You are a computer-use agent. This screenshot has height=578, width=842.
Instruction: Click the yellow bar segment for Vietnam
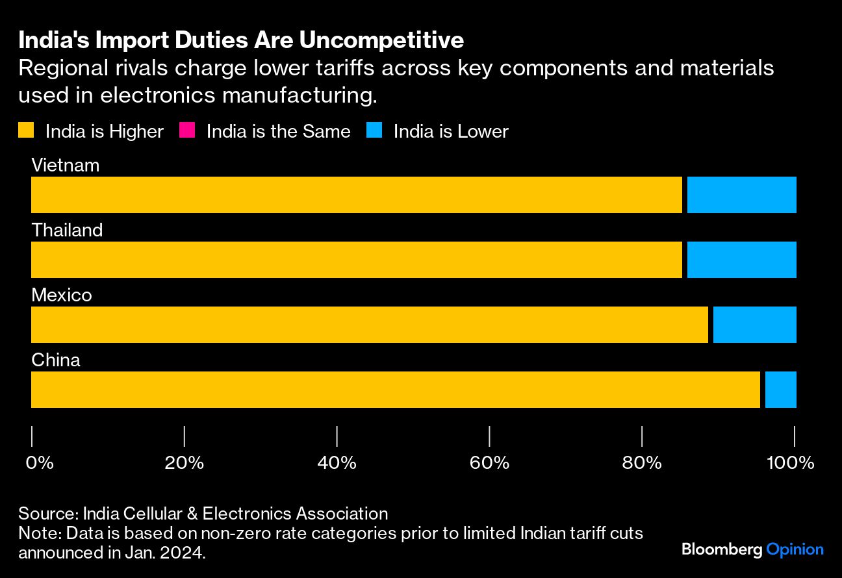pos(357,195)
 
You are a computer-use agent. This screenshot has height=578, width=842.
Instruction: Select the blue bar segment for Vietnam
pos(741,195)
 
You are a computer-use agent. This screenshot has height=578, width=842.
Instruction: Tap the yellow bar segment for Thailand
pos(357,260)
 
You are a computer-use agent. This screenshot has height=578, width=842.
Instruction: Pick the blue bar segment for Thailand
pos(741,260)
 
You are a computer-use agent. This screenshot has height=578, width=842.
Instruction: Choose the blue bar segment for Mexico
pos(754,325)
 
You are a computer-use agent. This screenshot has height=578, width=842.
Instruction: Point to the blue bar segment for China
pos(780,390)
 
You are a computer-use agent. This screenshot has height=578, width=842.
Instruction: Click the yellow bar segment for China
pos(395,390)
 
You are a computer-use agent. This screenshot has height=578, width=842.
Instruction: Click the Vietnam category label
pos(66,165)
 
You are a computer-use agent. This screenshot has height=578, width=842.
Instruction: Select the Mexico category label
pos(62,295)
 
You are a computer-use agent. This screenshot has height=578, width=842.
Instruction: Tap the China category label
pos(56,360)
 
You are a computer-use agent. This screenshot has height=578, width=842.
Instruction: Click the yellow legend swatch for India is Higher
pos(26,131)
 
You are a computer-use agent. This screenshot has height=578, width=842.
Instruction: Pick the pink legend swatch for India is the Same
pos(187,131)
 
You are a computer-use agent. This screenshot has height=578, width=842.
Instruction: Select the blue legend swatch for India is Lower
pos(375,131)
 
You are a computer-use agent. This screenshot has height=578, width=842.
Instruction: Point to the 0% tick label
pos(39,463)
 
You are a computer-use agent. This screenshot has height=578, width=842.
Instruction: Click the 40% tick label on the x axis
pos(337,463)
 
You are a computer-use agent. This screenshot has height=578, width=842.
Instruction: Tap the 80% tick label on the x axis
pos(642,463)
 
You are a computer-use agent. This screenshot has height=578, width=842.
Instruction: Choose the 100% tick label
pos(791,463)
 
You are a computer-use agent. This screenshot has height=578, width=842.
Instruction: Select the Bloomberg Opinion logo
pos(752,549)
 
